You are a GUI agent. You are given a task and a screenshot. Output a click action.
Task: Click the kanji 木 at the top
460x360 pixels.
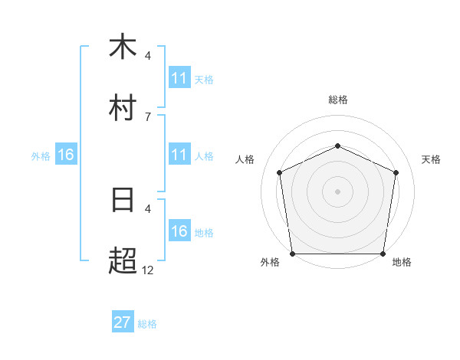coord(122,47)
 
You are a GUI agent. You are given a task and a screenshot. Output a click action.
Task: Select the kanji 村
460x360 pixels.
coord(122,108)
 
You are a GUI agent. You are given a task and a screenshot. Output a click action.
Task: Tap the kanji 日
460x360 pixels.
coord(122,200)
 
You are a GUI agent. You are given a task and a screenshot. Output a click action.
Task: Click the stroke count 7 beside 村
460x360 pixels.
coord(147,116)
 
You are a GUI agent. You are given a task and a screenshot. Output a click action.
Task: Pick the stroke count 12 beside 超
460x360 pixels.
coord(147,270)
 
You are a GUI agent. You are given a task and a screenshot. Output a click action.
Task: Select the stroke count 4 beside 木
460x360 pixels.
coord(147,55)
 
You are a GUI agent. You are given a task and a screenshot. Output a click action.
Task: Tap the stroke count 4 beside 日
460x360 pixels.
coord(147,208)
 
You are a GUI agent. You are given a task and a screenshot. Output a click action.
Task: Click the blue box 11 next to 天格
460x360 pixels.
coord(179,78)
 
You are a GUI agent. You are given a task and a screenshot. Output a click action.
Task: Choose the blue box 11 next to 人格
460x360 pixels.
coord(179,155)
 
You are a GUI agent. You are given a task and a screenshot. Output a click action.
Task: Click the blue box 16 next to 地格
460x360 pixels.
coord(179,231)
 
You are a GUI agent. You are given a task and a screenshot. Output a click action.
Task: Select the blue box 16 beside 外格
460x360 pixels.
coord(66,155)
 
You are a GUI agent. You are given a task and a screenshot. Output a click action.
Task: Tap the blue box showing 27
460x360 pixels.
coord(122,322)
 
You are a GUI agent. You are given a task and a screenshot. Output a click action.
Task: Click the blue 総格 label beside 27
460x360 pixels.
coord(147,324)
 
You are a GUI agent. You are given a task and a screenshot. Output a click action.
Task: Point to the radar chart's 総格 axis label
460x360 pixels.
coord(337,100)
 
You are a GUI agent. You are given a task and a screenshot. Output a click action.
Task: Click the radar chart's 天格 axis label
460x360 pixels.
coord(432,159)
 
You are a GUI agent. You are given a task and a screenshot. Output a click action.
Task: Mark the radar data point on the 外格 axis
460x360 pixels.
coord(292,254)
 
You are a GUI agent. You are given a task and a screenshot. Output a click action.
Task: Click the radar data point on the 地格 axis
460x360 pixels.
coord(383,254)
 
